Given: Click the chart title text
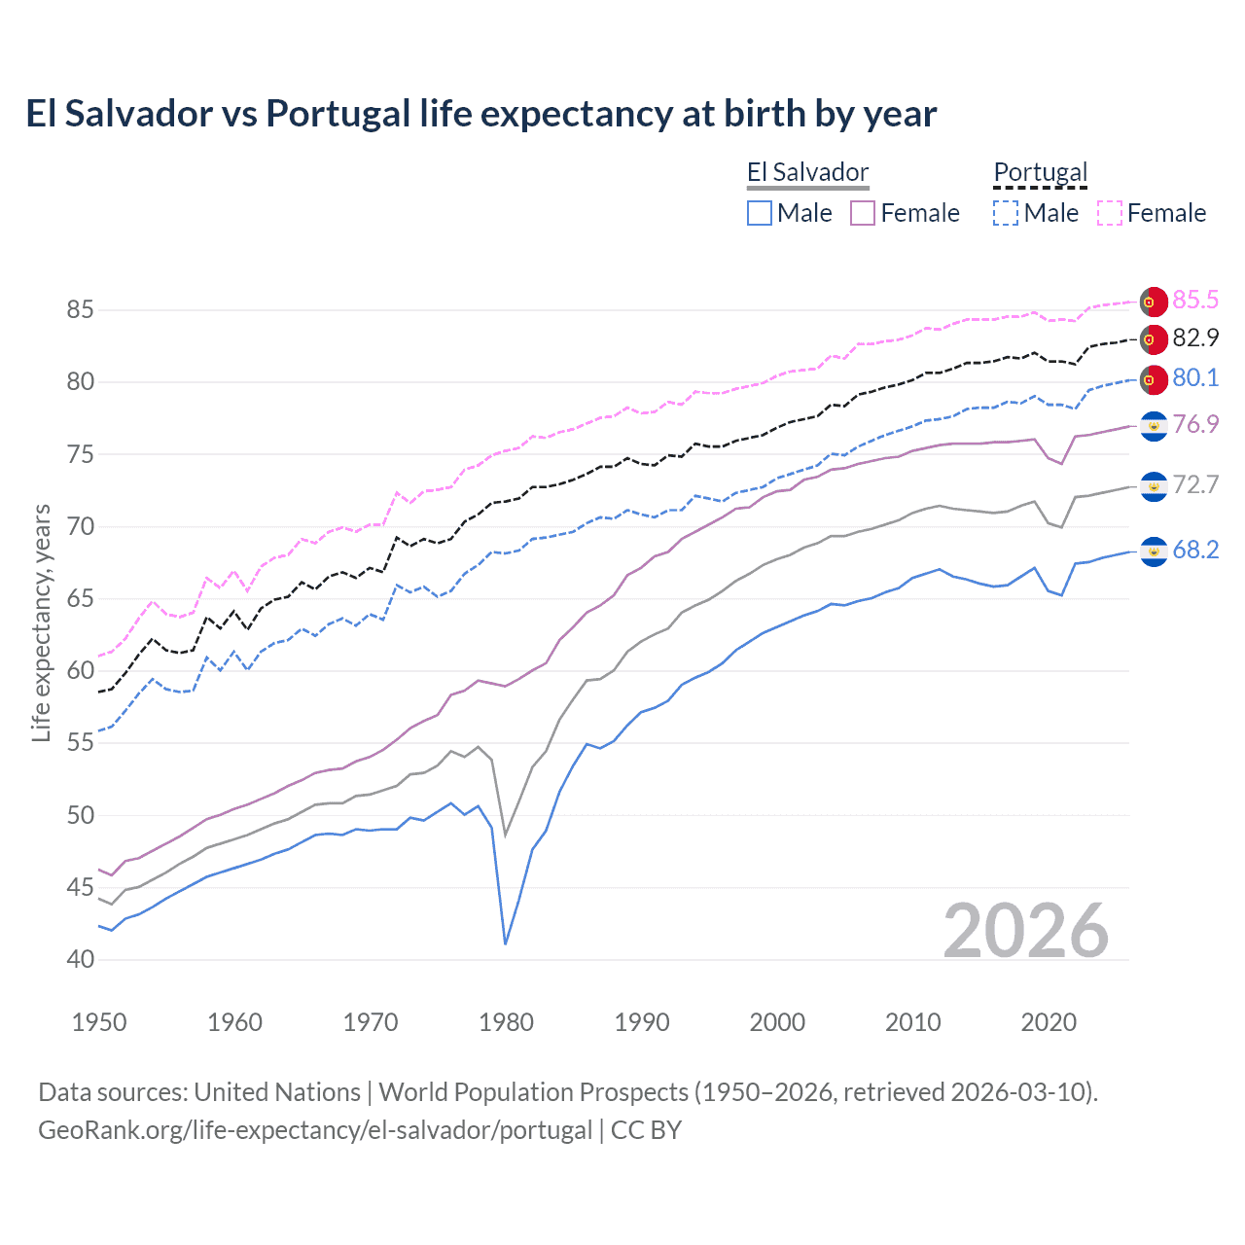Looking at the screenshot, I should coord(480,114).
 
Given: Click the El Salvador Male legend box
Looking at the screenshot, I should coord(760,213).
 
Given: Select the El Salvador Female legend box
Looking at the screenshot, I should coord(863,213).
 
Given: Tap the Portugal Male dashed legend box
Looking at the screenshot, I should coord(1006,213).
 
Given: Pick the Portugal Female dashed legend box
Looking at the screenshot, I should coord(1110,213).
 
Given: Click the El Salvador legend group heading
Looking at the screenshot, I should coord(807,173).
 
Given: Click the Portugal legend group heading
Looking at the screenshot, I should coord(1040,173).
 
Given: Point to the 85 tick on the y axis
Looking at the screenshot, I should coord(81,310).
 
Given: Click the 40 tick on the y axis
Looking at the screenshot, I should coord(81,959).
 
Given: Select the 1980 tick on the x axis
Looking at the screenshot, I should coord(506,1022).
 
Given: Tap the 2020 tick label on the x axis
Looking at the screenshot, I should coord(1049,1022).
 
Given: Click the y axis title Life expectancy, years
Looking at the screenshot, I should coord(41,622).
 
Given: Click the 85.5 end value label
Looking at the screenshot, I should coord(1195,300).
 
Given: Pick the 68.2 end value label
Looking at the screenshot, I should coord(1195,551).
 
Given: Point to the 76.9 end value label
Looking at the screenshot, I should coord(1195,425).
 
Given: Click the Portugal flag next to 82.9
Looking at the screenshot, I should coord(1154,339).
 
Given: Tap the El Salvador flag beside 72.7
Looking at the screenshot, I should coord(1154,485).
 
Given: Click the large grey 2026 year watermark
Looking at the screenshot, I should coord(1025,931).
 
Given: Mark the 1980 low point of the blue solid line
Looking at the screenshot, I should coord(506,943).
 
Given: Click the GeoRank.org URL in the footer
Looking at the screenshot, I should coord(315,1130).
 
